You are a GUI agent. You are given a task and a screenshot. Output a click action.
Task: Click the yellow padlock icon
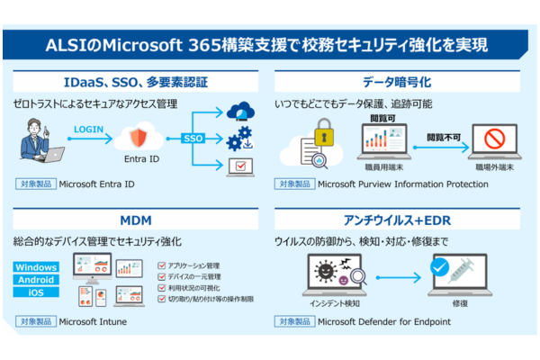tap(323, 134)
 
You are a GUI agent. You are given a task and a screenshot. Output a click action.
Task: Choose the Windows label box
tap(37, 267)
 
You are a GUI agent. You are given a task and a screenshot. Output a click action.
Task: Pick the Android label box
tap(37, 280)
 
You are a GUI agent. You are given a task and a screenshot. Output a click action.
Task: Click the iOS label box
tap(37, 292)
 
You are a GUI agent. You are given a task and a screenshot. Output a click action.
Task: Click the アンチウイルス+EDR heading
tap(404, 220)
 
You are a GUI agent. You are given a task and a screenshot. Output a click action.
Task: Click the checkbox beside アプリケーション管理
tap(160, 265)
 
